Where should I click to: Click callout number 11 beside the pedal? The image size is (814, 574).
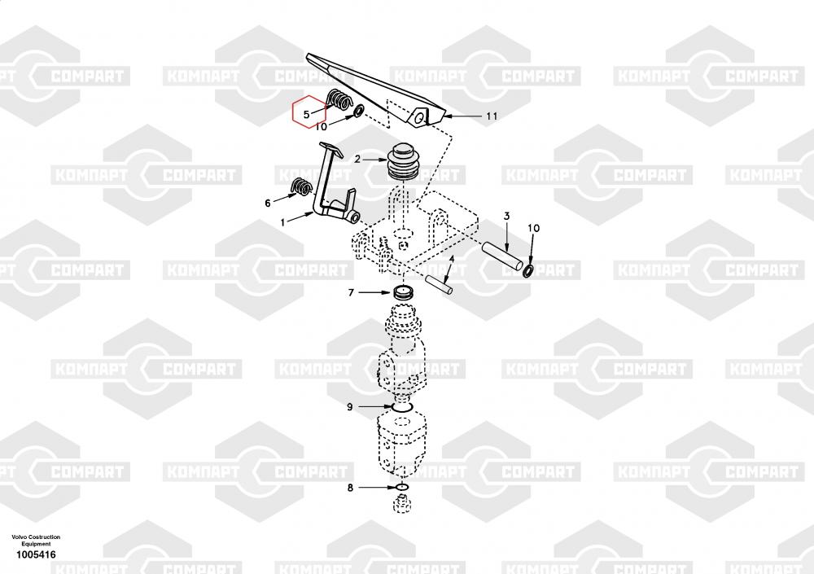point(492,116)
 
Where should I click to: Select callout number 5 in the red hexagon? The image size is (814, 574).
point(307,114)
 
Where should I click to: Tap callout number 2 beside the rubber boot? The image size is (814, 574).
point(357,159)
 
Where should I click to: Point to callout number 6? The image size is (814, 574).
point(268,203)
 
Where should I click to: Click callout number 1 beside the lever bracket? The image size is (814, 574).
point(283,223)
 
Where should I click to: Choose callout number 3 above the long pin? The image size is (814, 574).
point(506,216)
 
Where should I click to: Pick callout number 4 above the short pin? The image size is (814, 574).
point(452,259)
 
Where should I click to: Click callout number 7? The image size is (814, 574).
point(351,293)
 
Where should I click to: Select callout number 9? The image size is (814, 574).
point(350,407)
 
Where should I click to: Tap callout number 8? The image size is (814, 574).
point(350,488)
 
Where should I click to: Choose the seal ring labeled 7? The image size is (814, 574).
point(402,291)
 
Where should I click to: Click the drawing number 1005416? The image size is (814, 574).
point(36,554)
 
